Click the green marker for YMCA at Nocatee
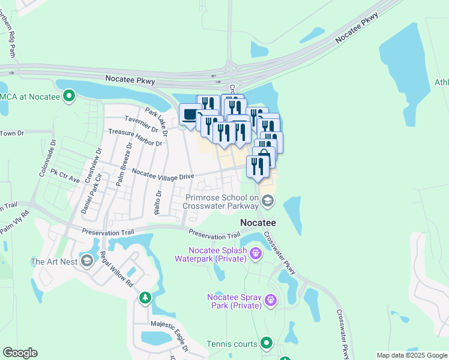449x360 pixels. click(69, 95)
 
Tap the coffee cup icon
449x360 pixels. click(190, 114)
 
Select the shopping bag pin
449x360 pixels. click(264, 155)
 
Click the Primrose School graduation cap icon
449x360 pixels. click(268, 202)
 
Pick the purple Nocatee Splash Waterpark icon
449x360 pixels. click(255, 253)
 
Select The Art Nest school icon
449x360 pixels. click(87, 261)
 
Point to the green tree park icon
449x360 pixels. click(145, 298)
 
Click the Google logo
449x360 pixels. click(20, 353)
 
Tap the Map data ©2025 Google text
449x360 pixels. click(412, 355)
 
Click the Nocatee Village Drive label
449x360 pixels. click(163, 174)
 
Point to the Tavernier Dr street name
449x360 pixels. click(140, 124)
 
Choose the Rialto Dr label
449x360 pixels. click(158, 202)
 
